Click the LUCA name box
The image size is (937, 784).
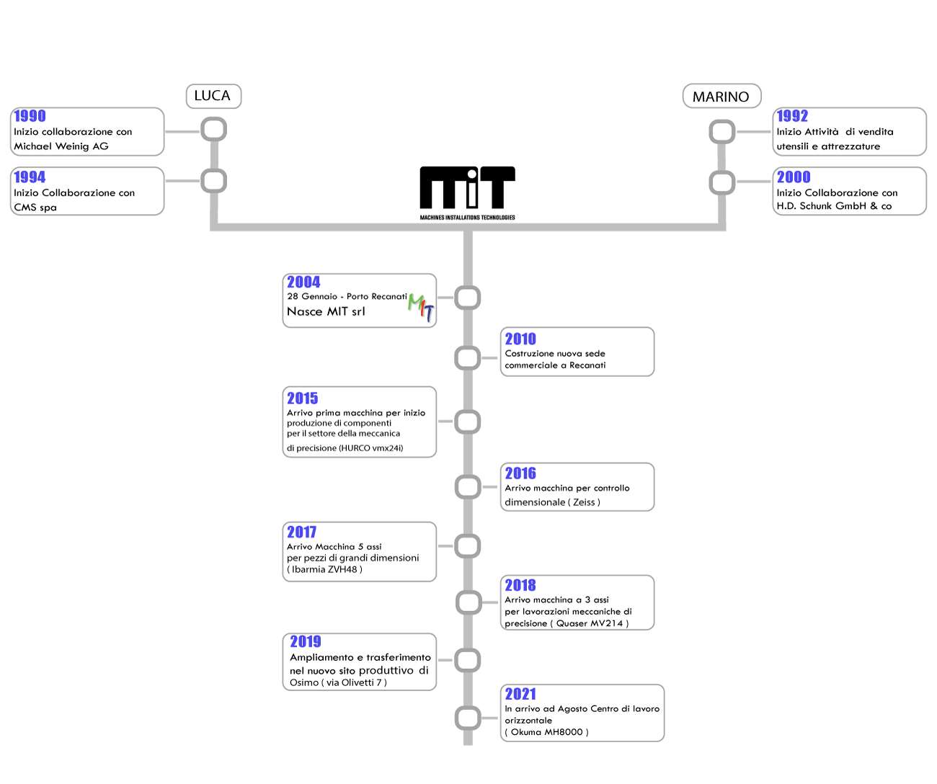point(213,96)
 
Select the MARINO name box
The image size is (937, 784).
point(721,97)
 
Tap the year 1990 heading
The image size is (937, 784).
point(30,116)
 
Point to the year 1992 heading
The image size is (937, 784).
point(792,116)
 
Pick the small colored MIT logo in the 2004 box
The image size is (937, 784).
point(421,307)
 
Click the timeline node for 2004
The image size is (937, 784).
point(468,298)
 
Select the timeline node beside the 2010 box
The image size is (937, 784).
point(468,358)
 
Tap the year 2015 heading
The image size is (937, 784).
point(303,398)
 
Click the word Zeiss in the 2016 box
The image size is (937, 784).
point(584,502)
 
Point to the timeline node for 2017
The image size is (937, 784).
point(468,546)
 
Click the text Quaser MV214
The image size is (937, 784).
point(588,623)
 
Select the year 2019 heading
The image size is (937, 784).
point(306,642)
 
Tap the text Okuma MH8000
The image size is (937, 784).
point(550,732)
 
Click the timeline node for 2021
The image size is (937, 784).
point(468,718)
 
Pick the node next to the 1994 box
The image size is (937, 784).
point(214,181)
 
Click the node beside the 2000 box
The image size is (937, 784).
point(722,182)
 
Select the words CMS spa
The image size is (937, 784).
point(35,208)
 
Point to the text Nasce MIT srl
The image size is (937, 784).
point(326,312)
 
